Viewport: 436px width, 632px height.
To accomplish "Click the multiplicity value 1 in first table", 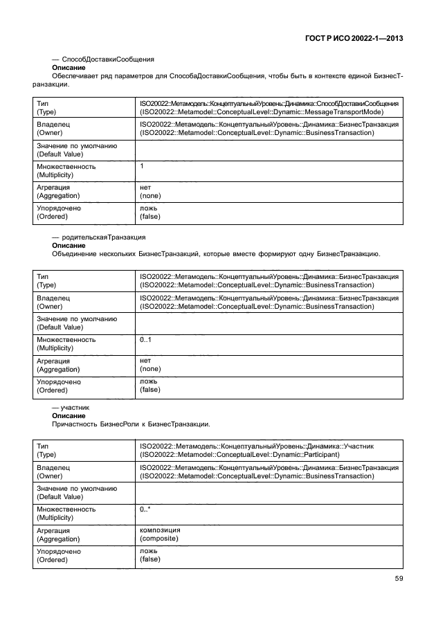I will (142, 166).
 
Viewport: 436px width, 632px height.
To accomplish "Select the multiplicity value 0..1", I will (145, 340).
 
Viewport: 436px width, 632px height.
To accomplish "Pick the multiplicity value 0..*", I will (145, 509).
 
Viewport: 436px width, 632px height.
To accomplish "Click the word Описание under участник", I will (69, 415).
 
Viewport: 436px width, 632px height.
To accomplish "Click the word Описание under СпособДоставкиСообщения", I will (69, 69).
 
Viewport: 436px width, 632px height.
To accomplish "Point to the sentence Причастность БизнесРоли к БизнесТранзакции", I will (131, 424).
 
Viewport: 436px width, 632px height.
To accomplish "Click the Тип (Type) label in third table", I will (46, 451).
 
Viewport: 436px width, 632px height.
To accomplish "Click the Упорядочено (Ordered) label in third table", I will (58, 555).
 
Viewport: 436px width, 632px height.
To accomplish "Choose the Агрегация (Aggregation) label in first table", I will (58, 192).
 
